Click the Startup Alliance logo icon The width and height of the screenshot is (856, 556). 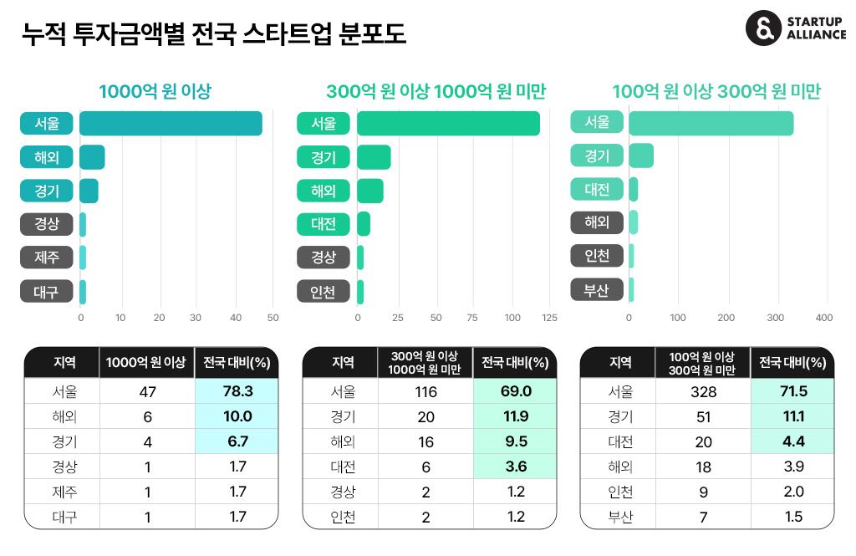[x=762, y=28]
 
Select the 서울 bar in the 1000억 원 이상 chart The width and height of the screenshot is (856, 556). [x=171, y=123]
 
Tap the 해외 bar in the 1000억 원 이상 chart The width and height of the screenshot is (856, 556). [x=92, y=157]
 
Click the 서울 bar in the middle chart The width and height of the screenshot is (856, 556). [x=448, y=124]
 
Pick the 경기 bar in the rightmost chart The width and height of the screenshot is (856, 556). [x=641, y=156]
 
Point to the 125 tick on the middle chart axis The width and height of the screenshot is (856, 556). [x=549, y=319]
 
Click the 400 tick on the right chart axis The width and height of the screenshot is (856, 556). [x=824, y=319]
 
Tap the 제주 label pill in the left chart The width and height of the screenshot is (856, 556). [x=47, y=257]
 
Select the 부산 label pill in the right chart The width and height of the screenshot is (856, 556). [x=597, y=289]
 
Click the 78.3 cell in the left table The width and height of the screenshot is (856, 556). [x=237, y=390]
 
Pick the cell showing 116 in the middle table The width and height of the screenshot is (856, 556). [x=425, y=390]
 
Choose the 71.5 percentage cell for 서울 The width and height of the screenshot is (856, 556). [x=792, y=390]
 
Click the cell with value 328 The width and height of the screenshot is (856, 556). [x=703, y=390]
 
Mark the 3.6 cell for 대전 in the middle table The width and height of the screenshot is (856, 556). [x=514, y=467]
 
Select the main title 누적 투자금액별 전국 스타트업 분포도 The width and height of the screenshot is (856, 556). [x=213, y=33]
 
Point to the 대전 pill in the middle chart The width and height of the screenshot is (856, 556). [x=324, y=223]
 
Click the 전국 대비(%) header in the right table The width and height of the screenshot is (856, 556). [x=792, y=363]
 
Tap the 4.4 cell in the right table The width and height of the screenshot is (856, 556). [x=792, y=441]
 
